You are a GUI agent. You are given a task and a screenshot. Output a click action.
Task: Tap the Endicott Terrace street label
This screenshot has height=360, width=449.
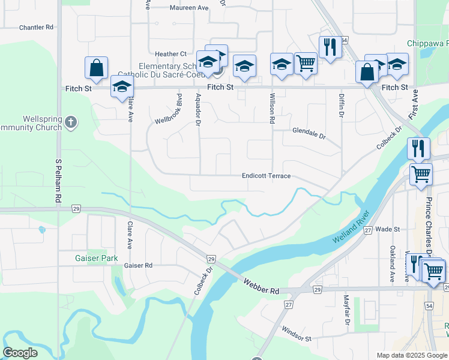point(266,176)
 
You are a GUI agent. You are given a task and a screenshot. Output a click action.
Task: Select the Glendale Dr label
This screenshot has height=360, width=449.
point(309,134)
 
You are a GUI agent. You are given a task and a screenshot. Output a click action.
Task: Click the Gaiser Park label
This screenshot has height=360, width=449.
point(97,258)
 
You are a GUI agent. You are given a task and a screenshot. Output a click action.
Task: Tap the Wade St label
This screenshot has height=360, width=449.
point(388,229)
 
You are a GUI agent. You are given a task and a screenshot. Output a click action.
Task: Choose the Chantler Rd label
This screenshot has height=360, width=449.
point(36,28)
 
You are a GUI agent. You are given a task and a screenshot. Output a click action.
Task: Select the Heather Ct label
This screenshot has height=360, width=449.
point(171,54)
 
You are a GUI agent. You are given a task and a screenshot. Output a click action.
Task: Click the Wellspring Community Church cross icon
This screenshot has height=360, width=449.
point(71,122)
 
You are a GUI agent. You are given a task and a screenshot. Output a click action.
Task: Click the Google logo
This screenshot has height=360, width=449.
point(20,353)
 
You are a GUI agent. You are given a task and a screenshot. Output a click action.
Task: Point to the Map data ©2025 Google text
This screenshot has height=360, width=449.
point(411,355)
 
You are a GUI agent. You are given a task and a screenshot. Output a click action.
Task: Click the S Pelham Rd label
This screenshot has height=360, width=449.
point(58,179)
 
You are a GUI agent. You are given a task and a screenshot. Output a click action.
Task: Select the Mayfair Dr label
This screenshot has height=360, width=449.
point(346,309)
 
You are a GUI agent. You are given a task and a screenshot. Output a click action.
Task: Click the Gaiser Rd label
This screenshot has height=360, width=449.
point(138,265)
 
